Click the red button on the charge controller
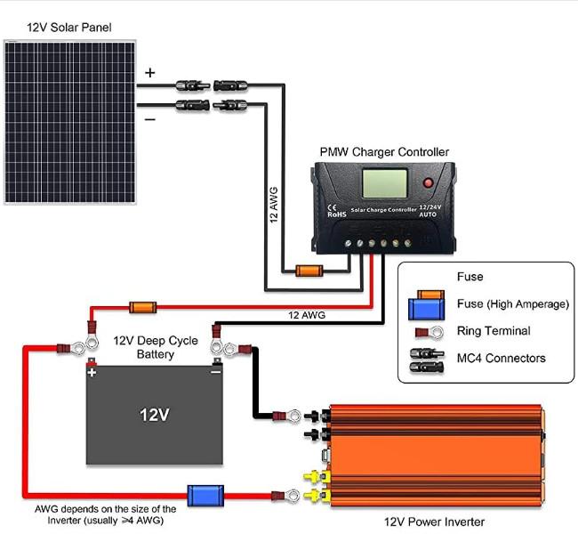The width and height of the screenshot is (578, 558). tap(428, 182)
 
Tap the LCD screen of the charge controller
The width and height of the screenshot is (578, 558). tap(385, 183)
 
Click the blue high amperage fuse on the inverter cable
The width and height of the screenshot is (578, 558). tap(205, 496)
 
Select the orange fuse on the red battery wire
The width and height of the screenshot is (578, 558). tap(142, 307)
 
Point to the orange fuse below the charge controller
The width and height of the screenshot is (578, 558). tap(309, 271)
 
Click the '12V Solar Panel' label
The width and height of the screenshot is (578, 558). tap(69, 28)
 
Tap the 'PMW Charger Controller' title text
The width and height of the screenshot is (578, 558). tap(384, 152)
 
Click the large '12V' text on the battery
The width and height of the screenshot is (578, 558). tap(155, 415)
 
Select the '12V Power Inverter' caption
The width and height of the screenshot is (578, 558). tap(434, 522)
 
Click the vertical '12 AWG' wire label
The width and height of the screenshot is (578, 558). tap(274, 205)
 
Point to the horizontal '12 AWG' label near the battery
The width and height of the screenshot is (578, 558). tap(307, 315)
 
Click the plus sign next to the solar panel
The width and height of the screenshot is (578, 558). tap(149, 73)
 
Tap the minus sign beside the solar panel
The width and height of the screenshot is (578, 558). tap(150, 119)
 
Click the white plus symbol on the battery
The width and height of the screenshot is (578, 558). tap(92, 373)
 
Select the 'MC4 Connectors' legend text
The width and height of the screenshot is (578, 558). tap(501, 358)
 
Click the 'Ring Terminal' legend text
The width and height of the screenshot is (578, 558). tap(494, 331)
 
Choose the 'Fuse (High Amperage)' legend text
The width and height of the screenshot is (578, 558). tap(513, 303)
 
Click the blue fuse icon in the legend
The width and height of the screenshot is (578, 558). tap(427, 309)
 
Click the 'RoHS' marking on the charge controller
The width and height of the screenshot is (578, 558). tap(337, 214)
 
